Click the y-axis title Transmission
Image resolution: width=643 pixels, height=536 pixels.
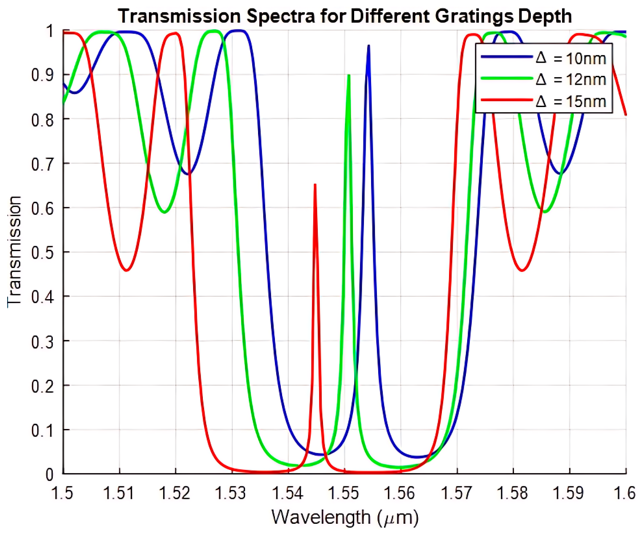point(14,252)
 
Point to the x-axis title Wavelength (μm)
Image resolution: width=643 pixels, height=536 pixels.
point(344,517)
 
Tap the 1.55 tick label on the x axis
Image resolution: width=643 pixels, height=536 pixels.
point(344,493)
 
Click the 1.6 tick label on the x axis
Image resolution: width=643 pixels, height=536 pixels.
point(626,493)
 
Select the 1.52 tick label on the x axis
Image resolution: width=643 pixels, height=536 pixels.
point(175,493)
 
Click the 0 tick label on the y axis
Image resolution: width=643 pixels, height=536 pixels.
point(50,474)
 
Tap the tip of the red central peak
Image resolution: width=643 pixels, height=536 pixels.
point(315,185)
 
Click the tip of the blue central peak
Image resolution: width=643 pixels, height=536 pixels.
point(369,46)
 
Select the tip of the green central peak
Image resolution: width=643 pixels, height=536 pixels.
point(349,75)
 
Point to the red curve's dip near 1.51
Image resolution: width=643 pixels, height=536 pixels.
point(126,270)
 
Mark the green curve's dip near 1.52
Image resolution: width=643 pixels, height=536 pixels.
point(165,212)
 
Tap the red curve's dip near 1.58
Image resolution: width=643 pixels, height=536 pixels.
point(522,270)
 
